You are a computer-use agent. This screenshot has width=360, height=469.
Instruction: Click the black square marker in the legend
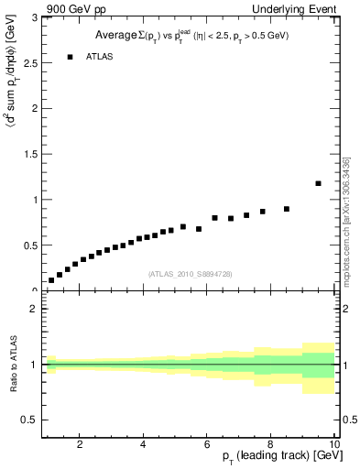point(70,57)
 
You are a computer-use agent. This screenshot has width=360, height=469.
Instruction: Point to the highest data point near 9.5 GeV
point(318,183)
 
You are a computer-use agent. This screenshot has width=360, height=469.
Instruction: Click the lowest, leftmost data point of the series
point(51,280)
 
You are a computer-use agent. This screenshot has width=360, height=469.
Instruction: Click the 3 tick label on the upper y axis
point(34,18)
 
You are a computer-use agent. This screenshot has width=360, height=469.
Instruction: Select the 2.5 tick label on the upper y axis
point(29,63)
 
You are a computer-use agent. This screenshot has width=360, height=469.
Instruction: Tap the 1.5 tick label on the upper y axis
point(29,154)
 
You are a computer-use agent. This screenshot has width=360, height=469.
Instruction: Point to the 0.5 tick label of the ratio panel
point(29,420)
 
